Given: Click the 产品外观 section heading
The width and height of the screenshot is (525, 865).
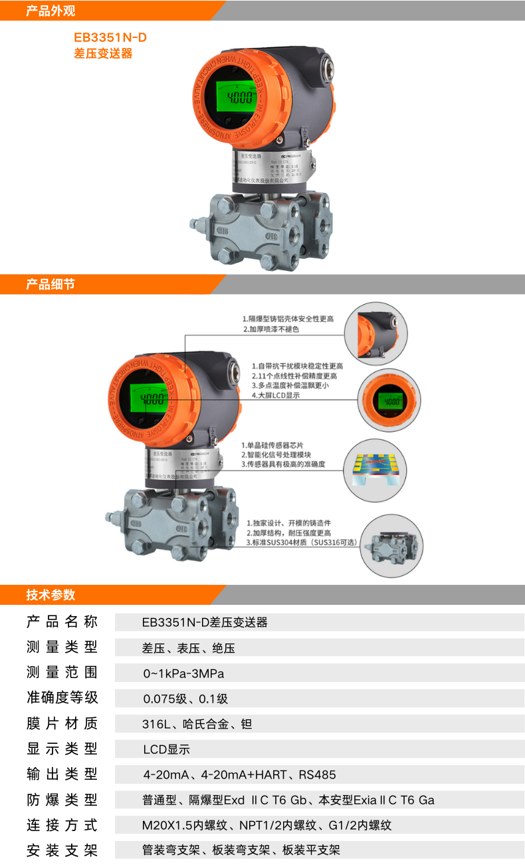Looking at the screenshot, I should (51, 11).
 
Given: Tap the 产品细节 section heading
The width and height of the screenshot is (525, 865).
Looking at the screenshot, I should (51, 285).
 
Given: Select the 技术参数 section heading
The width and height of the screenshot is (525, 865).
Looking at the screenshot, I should (51, 595).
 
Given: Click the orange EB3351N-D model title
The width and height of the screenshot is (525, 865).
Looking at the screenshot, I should (110, 38).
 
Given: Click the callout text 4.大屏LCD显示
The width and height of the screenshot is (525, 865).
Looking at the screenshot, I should (276, 395).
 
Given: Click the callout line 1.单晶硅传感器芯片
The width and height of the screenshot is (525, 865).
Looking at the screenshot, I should (275, 445).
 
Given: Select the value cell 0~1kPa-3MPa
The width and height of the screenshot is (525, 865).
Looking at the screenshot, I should (183, 673).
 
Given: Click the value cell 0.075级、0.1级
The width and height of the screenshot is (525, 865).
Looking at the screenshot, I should (185, 699).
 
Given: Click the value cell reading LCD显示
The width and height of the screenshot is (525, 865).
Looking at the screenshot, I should (166, 749).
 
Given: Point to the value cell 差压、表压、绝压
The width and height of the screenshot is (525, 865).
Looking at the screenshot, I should (188, 648).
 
